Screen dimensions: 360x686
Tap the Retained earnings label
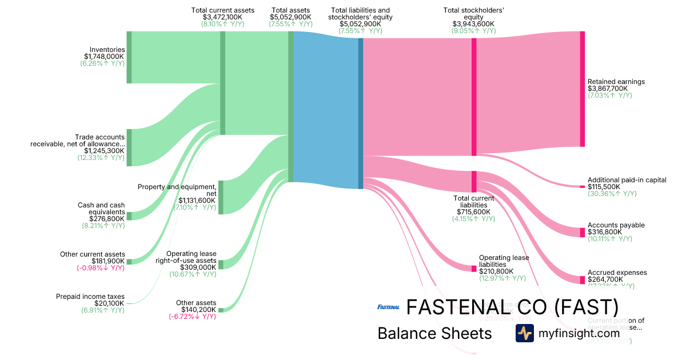pos(616,82)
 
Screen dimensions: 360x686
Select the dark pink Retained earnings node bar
pos(582,89)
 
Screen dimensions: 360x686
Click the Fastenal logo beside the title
pos(389,307)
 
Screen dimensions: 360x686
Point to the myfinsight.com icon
pos(524,333)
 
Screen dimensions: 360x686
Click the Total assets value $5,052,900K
pos(290,17)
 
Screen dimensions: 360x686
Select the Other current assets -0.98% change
pos(100,268)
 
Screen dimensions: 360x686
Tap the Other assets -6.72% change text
pos(192,316)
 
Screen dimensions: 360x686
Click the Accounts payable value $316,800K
pos(608,232)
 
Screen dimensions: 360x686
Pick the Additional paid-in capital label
pos(627,180)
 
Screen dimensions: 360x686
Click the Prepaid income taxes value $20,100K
pos(109,303)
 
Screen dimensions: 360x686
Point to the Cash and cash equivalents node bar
pos(129,215)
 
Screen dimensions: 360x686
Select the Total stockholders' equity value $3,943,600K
pos(473,24)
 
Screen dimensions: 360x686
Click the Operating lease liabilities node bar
pos(473,269)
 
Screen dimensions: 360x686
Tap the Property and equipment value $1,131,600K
pos(197,200)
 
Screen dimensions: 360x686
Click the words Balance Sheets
pos(434,333)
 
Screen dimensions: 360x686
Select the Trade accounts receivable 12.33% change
pos(101,158)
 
